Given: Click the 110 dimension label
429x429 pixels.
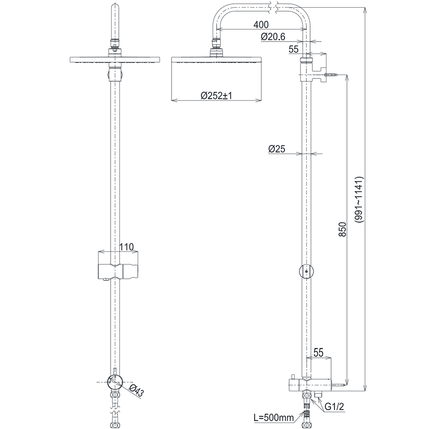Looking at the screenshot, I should click(127, 247).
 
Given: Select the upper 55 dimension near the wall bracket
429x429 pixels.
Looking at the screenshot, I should click(293, 50).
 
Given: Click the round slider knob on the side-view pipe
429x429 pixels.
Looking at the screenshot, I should click(305, 271).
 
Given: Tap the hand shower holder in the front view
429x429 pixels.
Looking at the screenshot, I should click(117, 266).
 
